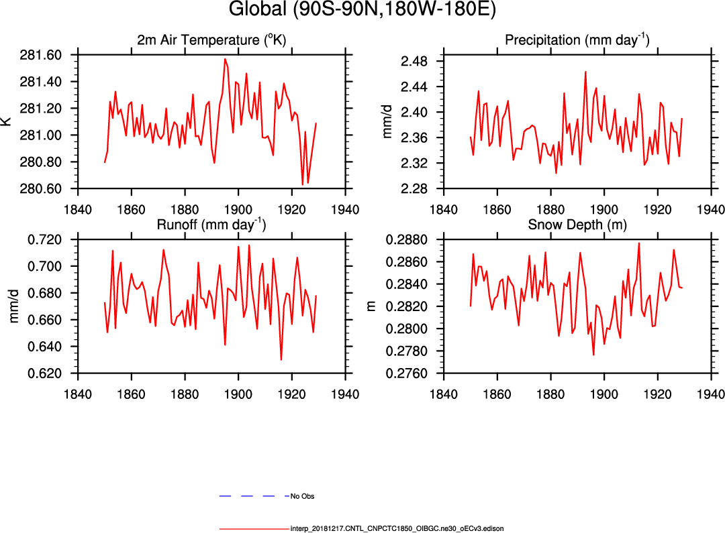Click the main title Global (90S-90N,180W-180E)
pyautogui.click(x=362, y=11)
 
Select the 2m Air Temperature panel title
pyautogui.click(x=211, y=40)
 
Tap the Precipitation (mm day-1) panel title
pyautogui.click(x=577, y=40)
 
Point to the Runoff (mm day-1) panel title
pyautogui.click(x=211, y=225)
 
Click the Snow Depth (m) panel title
pyautogui.click(x=577, y=225)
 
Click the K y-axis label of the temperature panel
pyautogui.click(x=6, y=122)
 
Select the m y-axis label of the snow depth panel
pyautogui.click(x=371, y=306)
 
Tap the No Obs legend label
pyautogui.click(x=302, y=497)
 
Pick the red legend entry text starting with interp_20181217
pyautogui.click(x=397, y=529)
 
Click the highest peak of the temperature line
pyautogui.click(x=225, y=59)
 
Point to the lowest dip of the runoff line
pyautogui.click(x=281, y=360)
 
